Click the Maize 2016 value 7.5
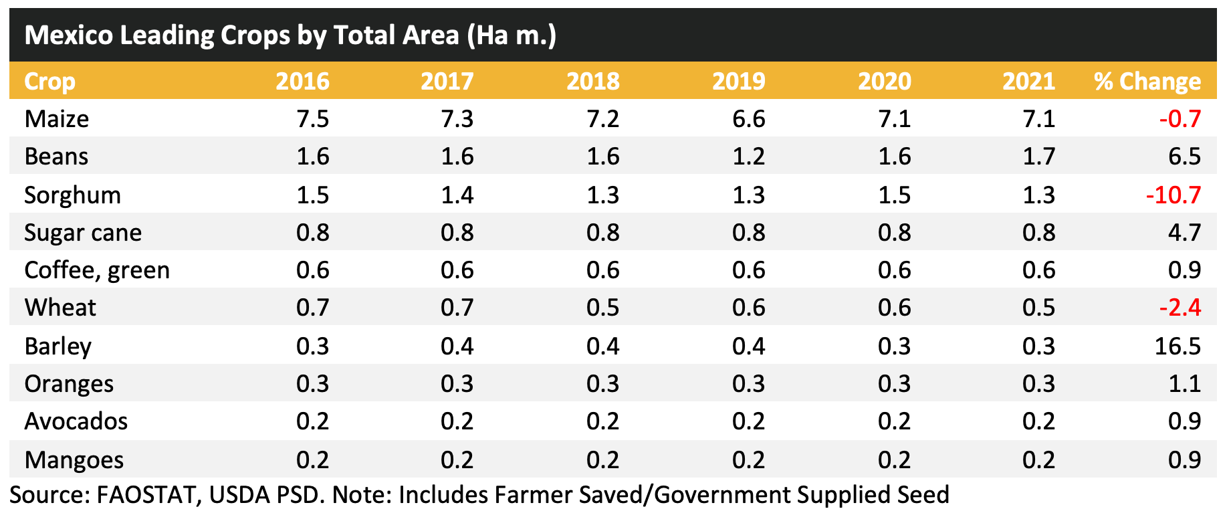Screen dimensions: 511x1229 [x=312, y=119]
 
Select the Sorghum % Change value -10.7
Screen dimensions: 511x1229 [x=1173, y=195]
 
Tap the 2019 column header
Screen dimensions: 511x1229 [x=738, y=82]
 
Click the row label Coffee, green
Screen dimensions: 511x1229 [x=97, y=270]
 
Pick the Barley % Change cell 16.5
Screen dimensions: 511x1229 [x=1178, y=346]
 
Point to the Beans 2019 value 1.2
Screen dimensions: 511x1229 [x=748, y=157]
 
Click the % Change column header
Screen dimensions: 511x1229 [x=1147, y=82]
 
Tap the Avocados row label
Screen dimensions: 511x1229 [x=76, y=421]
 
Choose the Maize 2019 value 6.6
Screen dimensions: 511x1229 [x=748, y=119]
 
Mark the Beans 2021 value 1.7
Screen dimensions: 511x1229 [x=1038, y=157]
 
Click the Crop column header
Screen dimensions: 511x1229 [x=49, y=82]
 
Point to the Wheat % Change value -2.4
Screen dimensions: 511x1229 [x=1180, y=308]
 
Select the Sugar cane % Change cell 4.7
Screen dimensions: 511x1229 [x=1184, y=233]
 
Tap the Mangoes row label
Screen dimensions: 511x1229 [x=74, y=460]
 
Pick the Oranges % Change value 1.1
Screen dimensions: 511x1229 [x=1186, y=384]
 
